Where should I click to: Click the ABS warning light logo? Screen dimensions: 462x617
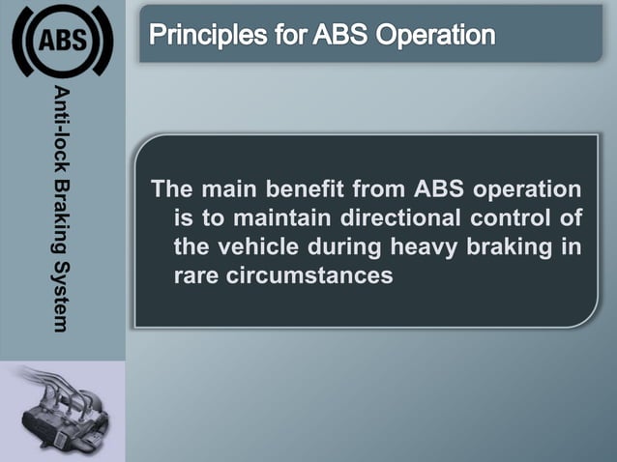62,42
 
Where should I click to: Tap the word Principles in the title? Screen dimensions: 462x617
201,37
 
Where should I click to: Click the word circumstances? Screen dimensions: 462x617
308,275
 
